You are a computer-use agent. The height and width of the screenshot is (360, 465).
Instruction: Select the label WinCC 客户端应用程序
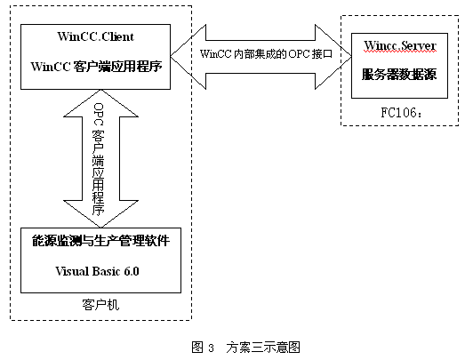100,66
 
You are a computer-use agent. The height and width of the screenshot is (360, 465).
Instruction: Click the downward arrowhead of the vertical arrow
99,212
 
